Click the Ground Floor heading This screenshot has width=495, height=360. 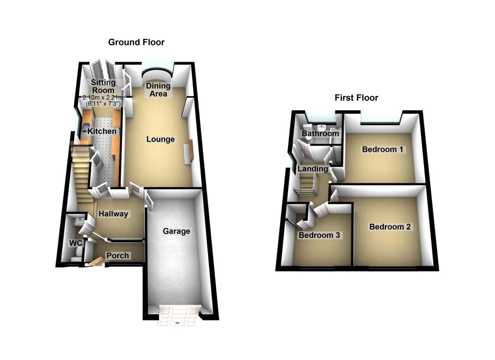[x=136, y=42]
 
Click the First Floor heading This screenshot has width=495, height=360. [x=356, y=98]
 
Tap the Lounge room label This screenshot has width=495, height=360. [x=160, y=140]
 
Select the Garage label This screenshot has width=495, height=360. [x=176, y=231]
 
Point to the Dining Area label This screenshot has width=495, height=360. [x=158, y=90]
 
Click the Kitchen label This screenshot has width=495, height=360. [x=102, y=131]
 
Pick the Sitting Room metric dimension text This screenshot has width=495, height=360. [x=103, y=98]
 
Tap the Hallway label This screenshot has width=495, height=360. [x=113, y=214]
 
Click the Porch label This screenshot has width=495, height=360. [x=118, y=256]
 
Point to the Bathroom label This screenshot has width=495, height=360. [x=320, y=133]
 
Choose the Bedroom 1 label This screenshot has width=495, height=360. [x=382, y=149]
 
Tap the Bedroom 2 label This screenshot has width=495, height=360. [x=390, y=227]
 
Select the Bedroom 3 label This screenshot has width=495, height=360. [x=319, y=235]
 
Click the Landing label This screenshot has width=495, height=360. [x=313, y=169]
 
